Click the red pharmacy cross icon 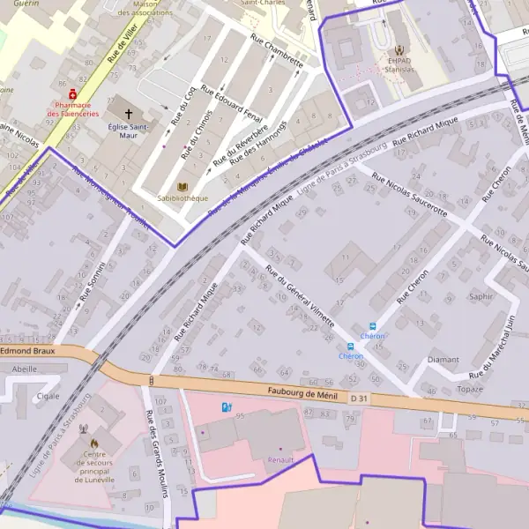(72, 93)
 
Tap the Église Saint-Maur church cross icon (129, 114)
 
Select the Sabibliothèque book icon (183, 188)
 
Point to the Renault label (281, 459)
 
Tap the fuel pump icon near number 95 (226, 406)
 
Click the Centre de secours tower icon (86, 430)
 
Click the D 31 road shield (358, 399)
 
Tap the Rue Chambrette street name (277, 51)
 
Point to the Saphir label (481, 296)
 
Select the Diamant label (443, 360)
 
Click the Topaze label (471, 389)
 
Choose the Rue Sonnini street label (92, 282)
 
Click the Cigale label (48, 396)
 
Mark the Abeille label (26, 369)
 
